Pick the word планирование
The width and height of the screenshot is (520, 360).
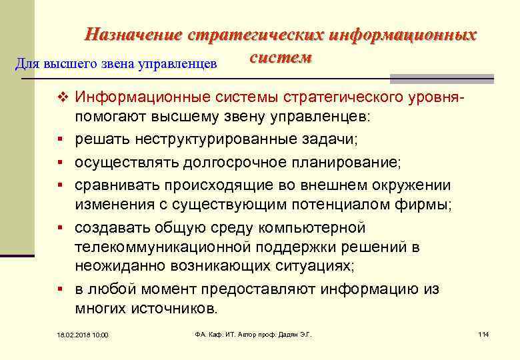coord(353,162)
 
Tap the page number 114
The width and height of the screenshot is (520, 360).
coord(483,333)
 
